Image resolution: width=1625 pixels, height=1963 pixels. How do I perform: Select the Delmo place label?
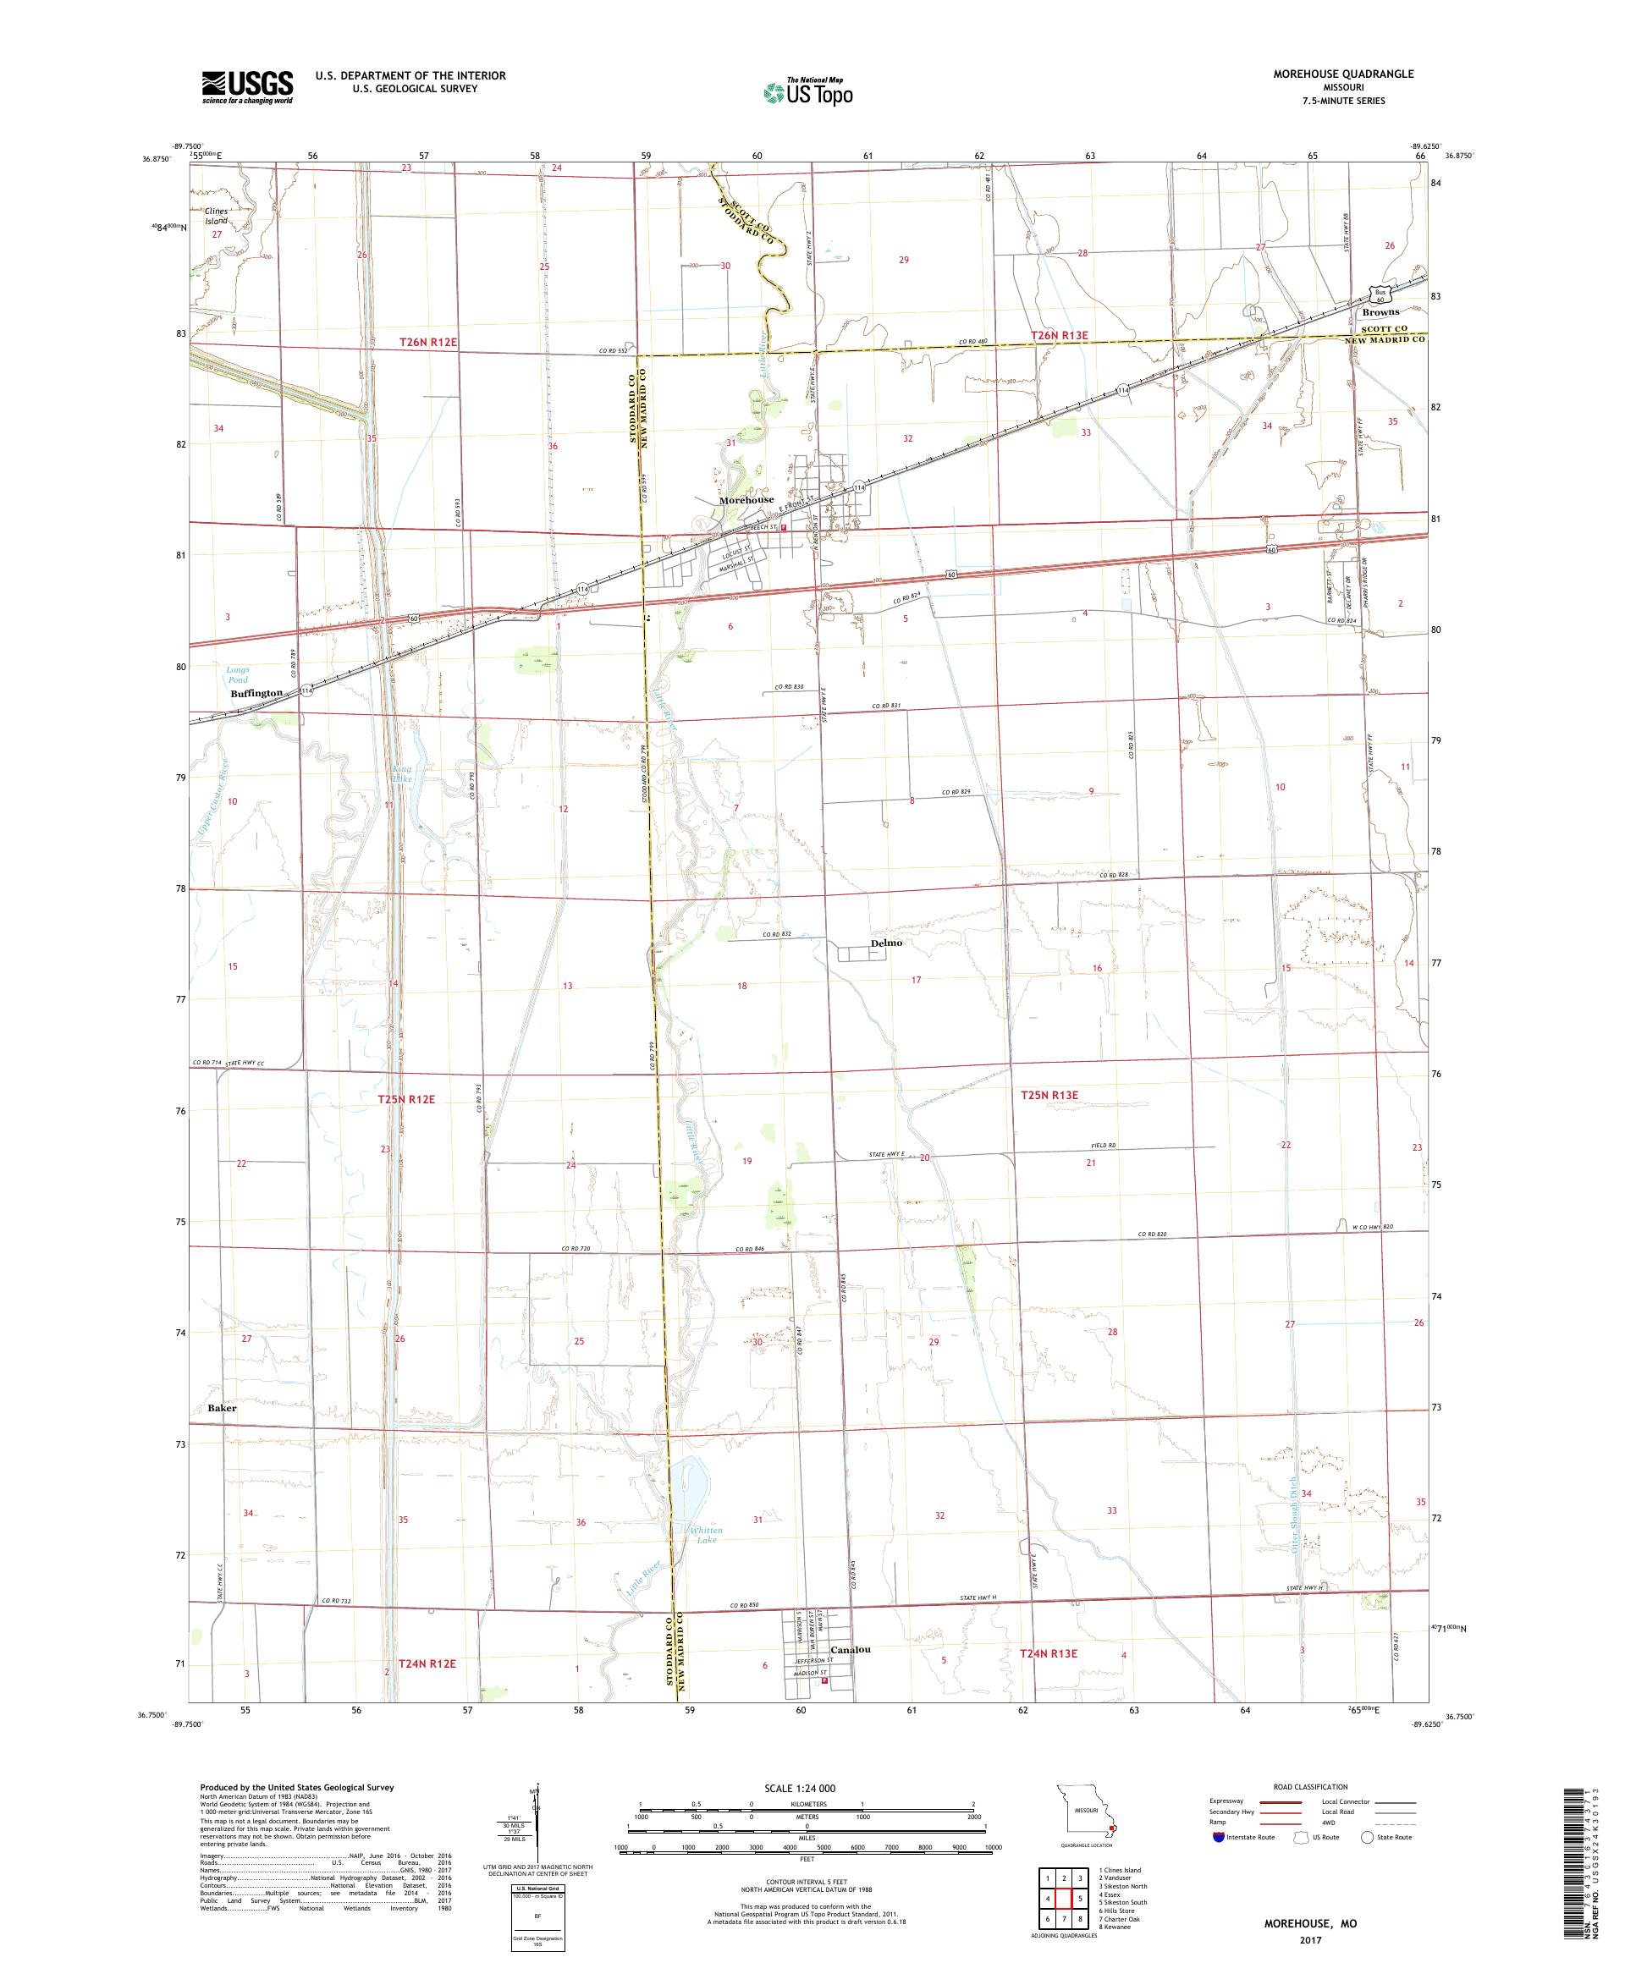click(886, 943)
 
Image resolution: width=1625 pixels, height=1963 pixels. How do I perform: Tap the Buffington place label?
click(256, 693)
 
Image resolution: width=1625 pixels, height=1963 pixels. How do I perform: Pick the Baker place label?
click(223, 1407)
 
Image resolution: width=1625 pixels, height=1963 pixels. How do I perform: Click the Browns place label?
click(1380, 312)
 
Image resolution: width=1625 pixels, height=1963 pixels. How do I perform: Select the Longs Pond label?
click(238, 674)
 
